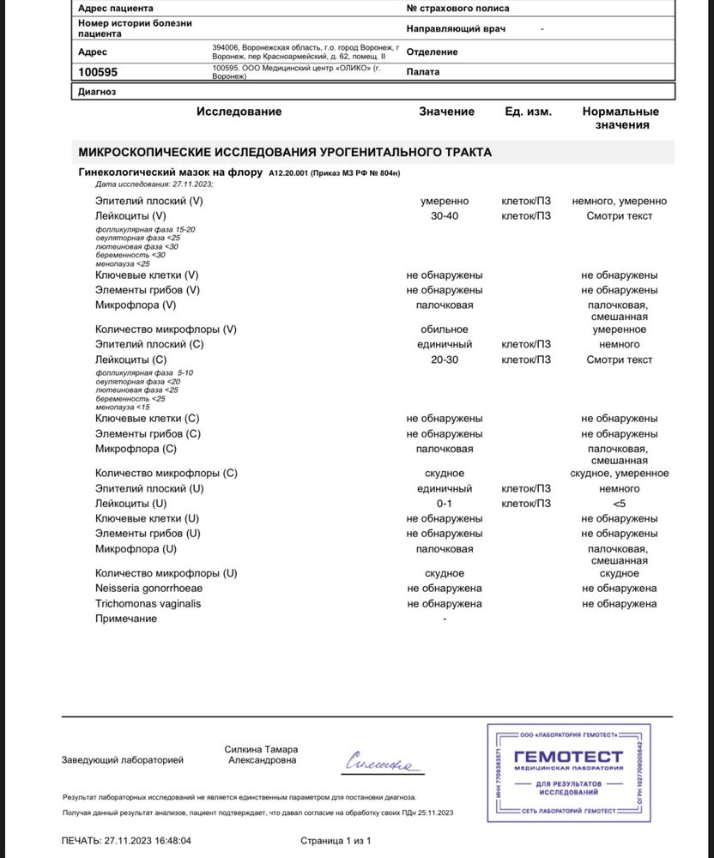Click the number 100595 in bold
pyautogui.click(x=98, y=73)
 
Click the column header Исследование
pyautogui.click(x=239, y=112)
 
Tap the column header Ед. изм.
pyautogui.click(x=528, y=112)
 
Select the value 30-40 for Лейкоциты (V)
pyautogui.click(x=445, y=216)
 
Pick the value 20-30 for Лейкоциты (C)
pyautogui.click(x=445, y=360)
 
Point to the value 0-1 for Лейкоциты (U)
pyautogui.click(x=445, y=504)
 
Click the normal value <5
pyautogui.click(x=620, y=504)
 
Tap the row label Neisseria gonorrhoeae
pyautogui.click(x=149, y=588)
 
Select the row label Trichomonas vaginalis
pyautogui.click(x=148, y=603)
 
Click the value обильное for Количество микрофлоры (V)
pyautogui.click(x=445, y=329)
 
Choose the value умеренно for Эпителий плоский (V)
pyautogui.click(x=445, y=201)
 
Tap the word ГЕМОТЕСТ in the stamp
pyautogui.click(x=568, y=756)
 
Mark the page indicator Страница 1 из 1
pyautogui.click(x=336, y=841)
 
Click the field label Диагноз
pyautogui.click(x=97, y=92)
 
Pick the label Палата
pyautogui.click(x=423, y=72)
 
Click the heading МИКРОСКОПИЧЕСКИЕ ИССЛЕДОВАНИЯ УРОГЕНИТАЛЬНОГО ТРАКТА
pyautogui.click(x=285, y=152)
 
